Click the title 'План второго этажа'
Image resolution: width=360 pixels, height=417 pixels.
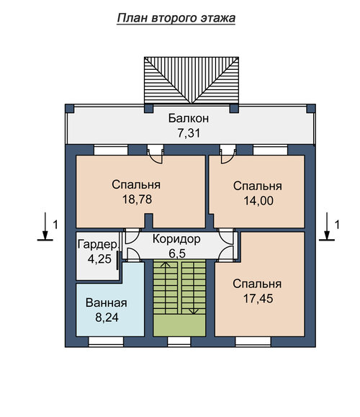176,18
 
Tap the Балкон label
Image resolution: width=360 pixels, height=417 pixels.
189,118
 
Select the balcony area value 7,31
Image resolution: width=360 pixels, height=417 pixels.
189,133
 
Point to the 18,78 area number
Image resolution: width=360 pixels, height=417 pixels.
138,199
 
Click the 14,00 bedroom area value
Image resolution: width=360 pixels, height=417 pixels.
258,200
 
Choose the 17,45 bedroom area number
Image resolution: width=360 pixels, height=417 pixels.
258,298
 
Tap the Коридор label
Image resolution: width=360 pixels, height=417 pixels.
176,239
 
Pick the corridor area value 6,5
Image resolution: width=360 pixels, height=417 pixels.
177,254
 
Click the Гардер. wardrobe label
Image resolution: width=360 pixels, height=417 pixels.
97,244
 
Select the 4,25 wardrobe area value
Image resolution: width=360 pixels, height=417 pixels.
99,259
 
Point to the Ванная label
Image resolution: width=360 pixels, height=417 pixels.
107,303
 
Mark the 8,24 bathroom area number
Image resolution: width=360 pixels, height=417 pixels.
107,318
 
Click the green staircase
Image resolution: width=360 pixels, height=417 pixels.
179,298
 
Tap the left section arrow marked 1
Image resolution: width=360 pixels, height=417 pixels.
45,227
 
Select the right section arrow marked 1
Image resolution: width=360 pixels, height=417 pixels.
327,227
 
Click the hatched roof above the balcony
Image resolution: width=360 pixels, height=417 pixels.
192,81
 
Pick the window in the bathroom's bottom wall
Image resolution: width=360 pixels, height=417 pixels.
106,341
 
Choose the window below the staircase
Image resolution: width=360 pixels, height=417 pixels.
179,341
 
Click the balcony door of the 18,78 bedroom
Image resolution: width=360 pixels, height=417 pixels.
156,153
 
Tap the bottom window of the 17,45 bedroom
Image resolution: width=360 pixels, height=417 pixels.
253,341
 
